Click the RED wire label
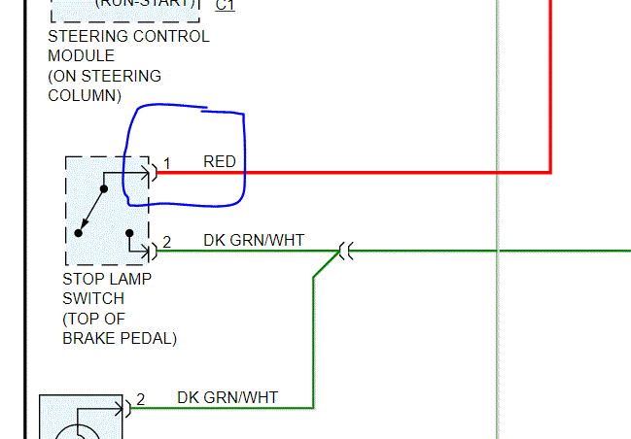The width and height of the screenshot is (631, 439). tap(220, 161)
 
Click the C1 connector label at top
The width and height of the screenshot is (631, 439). tap(225, 5)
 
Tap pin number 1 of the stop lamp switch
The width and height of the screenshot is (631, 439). tap(166, 163)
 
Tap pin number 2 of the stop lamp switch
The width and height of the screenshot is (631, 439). tap(166, 242)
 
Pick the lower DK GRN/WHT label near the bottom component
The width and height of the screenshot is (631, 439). tap(228, 396)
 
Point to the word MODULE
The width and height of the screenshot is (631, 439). tap(81, 56)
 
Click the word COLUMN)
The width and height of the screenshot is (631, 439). tap(85, 95)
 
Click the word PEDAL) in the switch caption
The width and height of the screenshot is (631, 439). tap(149, 338)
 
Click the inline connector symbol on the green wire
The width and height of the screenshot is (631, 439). tap(343, 251)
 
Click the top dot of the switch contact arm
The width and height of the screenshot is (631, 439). tap(103, 187)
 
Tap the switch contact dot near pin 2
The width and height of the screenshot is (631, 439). tap(130, 232)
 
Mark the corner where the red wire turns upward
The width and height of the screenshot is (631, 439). tap(550, 172)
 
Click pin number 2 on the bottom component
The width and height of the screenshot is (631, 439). tap(141, 398)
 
